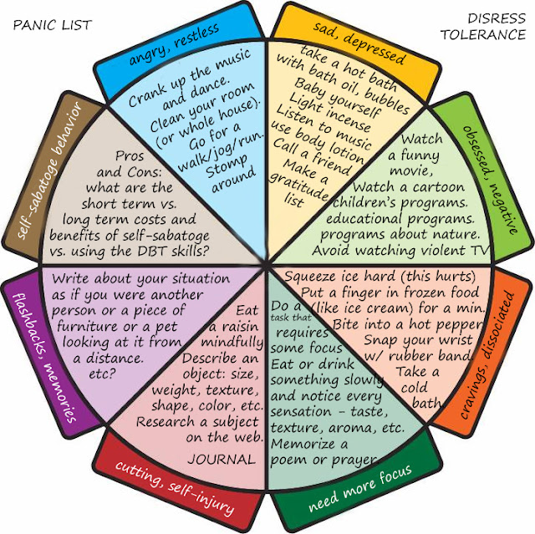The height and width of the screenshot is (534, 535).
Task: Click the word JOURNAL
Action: click(x=221, y=460)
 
